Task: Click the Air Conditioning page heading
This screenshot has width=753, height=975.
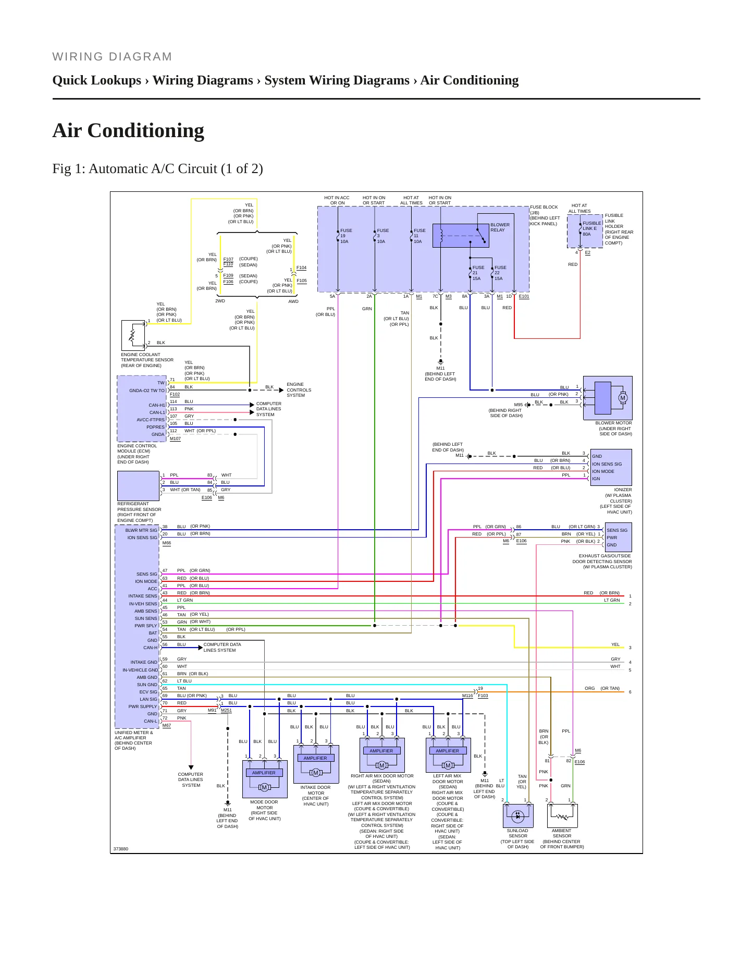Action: point(128,130)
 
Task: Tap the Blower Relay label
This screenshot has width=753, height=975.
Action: point(500,227)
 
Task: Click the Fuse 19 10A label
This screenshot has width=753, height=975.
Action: point(346,236)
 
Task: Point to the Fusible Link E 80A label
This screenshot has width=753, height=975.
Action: point(591,229)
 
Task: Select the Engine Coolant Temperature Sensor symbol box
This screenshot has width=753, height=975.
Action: point(133,335)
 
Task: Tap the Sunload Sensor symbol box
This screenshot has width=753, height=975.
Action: point(517,815)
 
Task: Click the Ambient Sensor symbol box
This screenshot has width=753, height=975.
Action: point(562,815)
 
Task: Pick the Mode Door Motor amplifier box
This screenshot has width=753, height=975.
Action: point(264,773)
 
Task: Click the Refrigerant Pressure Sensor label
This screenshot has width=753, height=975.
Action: point(139,512)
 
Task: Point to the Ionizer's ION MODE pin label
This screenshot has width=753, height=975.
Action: point(603,471)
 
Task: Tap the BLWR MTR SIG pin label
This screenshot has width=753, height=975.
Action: point(141,530)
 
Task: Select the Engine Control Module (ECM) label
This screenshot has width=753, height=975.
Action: point(137,454)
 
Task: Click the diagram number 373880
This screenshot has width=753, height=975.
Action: point(121,849)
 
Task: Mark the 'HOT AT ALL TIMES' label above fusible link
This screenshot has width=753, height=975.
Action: point(579,209)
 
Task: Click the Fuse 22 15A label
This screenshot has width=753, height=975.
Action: point(500,273)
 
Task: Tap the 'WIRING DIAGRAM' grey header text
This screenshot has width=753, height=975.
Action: point(113,57)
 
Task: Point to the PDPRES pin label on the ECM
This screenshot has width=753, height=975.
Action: point(155,427)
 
